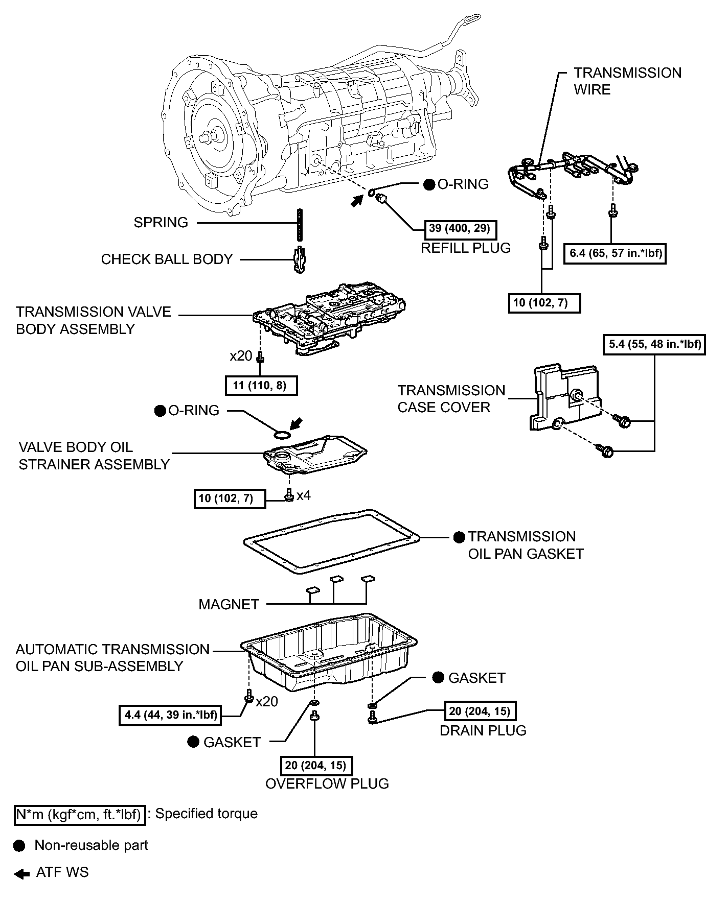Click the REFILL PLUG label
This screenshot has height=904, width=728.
pos(466,248)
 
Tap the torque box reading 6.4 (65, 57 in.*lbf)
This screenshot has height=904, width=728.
pos(616,253)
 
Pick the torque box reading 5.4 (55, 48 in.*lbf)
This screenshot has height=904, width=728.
pos(654,344)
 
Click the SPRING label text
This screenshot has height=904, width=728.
pos(161,223)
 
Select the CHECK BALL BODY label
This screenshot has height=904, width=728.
pos(167,259)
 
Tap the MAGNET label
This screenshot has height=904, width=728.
pos(229,605)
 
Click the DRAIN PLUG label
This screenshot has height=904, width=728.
pos(483,731)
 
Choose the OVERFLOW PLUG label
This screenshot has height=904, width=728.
pos(327,784)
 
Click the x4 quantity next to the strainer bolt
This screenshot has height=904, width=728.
pos(304,495)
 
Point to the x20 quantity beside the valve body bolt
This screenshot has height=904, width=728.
pos(241,355)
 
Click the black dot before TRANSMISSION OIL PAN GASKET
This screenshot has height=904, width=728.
pos(459,537)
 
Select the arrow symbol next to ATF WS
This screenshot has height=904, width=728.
pos(22,874)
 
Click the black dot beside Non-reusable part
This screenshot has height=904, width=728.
pos(19,846)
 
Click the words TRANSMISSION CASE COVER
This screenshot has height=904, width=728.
pos(451,399)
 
